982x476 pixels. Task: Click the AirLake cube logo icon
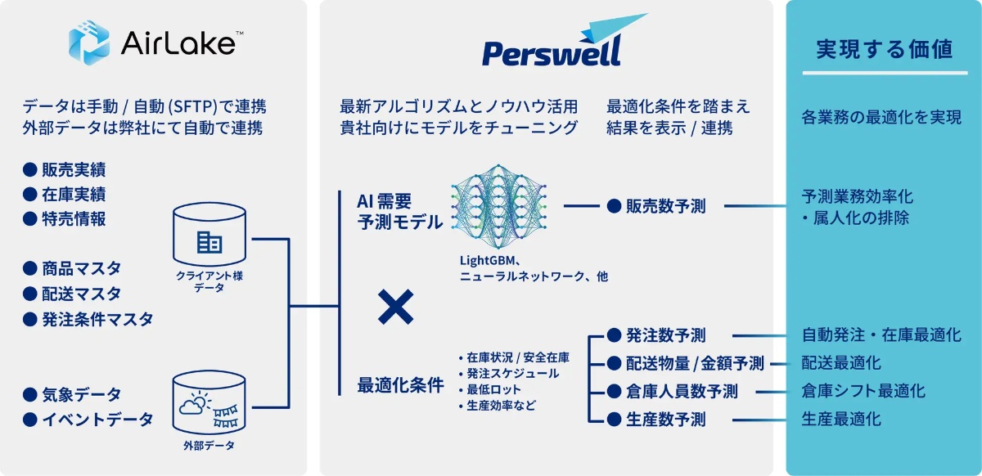[89, 43]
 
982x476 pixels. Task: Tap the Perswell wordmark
[552, 52]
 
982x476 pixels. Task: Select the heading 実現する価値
[885, 49]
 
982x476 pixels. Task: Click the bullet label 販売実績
[74, 169]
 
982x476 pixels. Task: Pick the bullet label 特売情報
[74, 218]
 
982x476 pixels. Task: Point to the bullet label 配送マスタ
[81, 294]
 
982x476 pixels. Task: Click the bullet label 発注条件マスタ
[97, 319]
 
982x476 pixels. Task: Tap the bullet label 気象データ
[81, 394]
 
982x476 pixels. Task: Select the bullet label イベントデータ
[97, 420]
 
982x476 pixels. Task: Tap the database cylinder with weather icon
[209, 403]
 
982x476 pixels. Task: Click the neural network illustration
[498, 206]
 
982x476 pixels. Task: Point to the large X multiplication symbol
[395, 307]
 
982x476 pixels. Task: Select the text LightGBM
[487, 260]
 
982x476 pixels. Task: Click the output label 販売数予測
[666, 206]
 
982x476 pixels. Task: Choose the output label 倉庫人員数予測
[682, 392]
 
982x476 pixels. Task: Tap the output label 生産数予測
[666, 420]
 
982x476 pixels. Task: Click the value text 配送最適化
[841, 363]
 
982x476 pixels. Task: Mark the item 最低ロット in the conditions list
[493, 389]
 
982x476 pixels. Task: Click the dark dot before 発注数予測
[614, 335]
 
